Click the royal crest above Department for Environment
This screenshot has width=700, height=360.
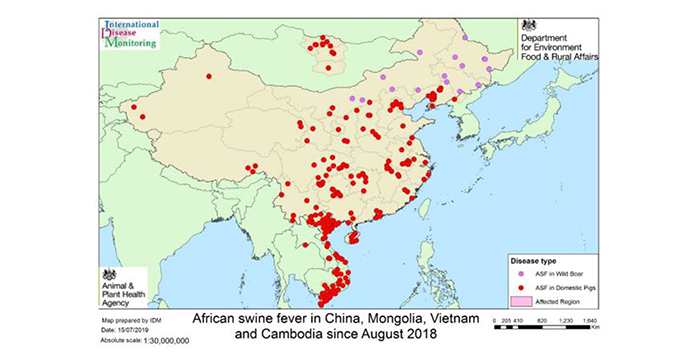[528, 24]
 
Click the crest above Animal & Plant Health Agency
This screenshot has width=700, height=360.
[110, 274]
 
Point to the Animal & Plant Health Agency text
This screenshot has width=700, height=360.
[123, 294]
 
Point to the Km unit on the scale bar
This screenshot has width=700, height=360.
[593, 325]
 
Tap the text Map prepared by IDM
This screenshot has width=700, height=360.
[132, 320]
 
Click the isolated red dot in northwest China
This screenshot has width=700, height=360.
[208, 76]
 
